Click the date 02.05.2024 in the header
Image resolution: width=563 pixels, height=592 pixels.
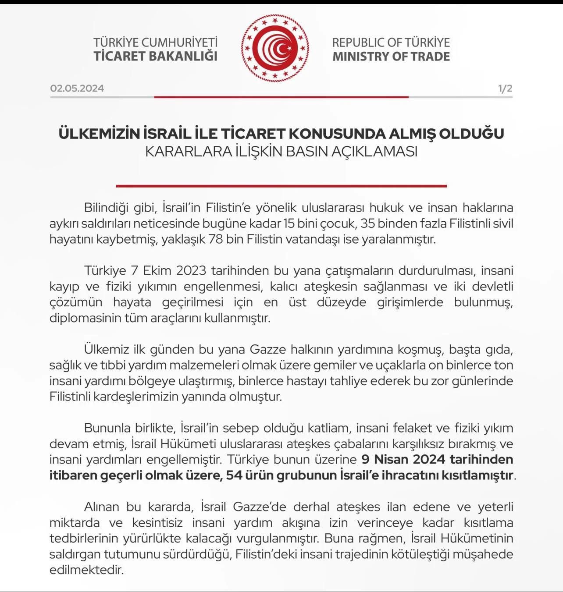[77, 88]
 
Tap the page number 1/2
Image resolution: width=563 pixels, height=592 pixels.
[505, 88]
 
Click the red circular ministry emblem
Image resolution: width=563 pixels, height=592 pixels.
[275, 48]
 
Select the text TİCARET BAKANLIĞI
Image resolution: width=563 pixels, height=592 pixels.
[155, 57]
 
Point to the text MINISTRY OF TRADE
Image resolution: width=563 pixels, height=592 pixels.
[391, 57]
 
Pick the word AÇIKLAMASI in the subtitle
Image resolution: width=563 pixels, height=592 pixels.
[374, 151]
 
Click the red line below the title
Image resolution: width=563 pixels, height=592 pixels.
[281, 186]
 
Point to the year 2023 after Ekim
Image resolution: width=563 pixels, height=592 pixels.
[191, 270]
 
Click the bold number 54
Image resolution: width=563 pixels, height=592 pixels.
[234, 475]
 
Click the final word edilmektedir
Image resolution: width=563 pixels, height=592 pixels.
[86, 570]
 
